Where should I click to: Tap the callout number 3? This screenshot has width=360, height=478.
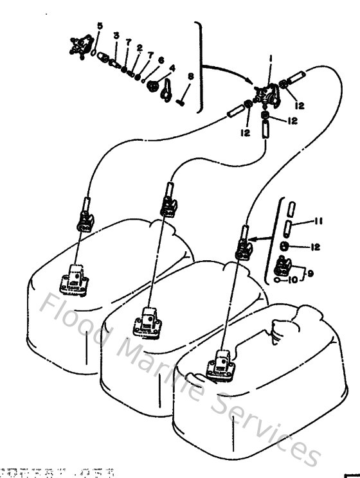(x=116, y=35)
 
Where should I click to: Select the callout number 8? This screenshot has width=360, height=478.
(x=190, y=76)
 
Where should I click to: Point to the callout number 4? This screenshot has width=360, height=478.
(x=172, y=67)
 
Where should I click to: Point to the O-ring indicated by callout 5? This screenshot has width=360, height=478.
(x=94, y=52)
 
